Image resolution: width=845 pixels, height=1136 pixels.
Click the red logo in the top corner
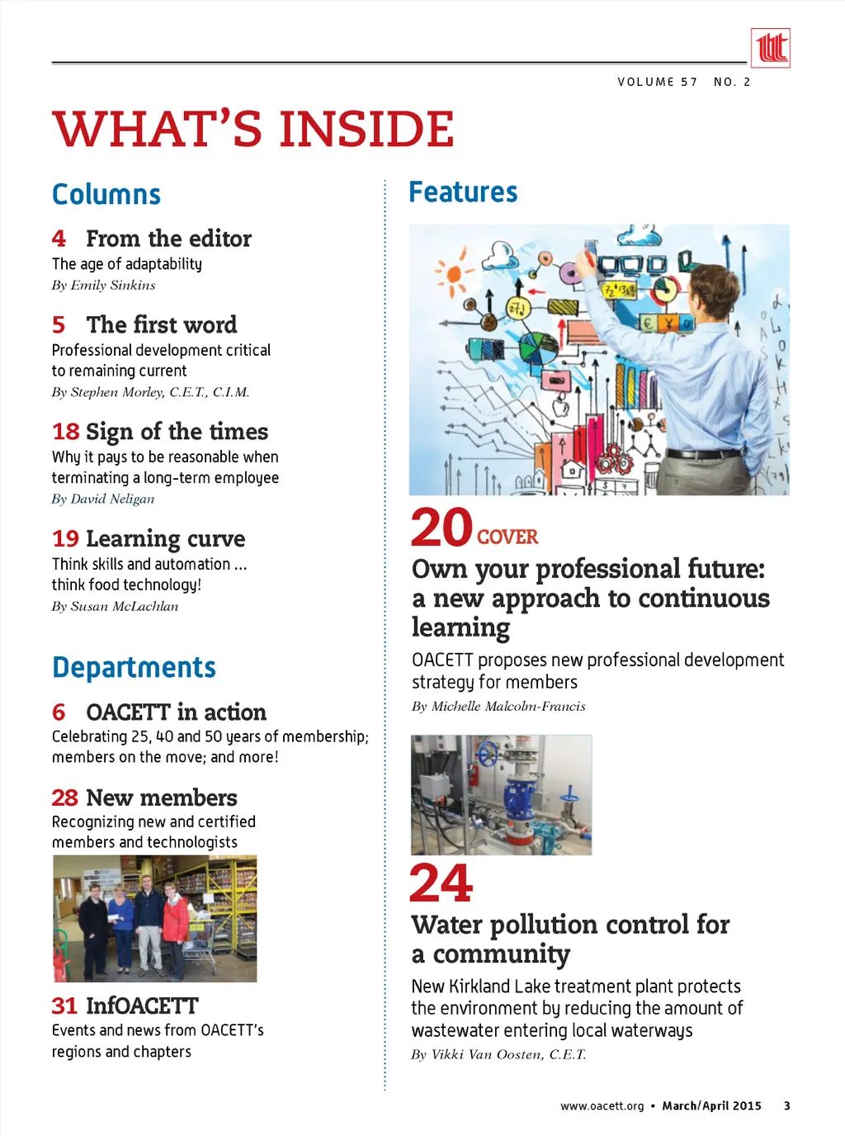point(770,48)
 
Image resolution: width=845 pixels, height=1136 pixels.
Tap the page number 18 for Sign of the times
point(65,432)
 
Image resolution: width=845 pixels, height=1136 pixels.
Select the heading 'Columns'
point(106,195)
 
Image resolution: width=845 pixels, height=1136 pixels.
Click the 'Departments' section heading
point(134,667)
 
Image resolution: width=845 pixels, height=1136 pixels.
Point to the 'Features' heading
point(463,192)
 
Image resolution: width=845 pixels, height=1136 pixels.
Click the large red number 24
point(441,883)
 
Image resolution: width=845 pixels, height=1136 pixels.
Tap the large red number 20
point(442,528)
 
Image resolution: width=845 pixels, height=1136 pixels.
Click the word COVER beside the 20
point(507,537)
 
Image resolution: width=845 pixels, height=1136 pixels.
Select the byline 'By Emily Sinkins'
point(103,286)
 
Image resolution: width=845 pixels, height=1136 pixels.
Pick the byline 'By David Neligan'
point(103,499)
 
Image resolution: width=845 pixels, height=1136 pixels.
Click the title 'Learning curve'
point(166,539)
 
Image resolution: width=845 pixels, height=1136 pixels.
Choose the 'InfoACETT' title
point(143,1006)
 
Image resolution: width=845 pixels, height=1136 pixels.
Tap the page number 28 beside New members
point(64,798)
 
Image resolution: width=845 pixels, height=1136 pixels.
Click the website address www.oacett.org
point(602,1106)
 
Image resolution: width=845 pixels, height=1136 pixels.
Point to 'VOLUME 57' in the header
point(658,82)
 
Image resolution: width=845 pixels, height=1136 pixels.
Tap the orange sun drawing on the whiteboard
point(453,275)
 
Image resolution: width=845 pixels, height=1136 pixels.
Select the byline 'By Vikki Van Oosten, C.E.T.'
point(498,1055)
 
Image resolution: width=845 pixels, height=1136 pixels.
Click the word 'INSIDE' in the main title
point(366,130)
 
